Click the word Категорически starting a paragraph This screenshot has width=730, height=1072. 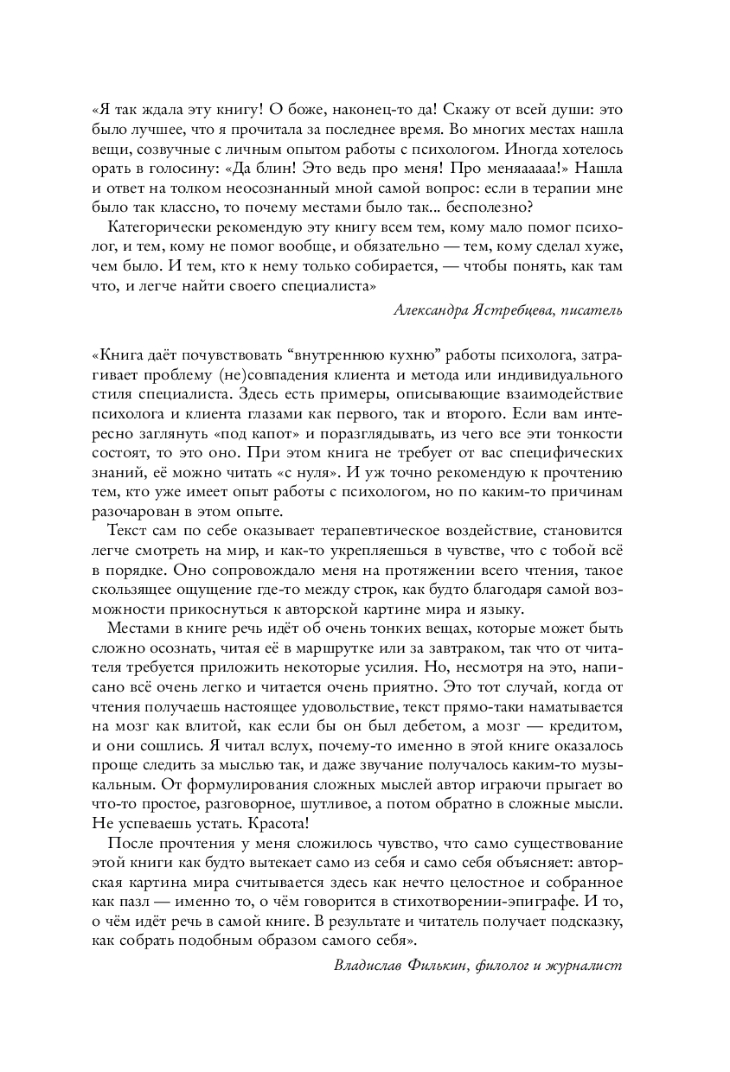(159, 227)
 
